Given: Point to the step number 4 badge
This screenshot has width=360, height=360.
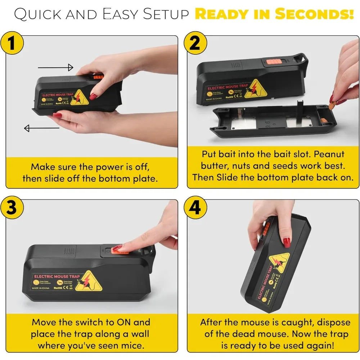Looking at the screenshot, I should [x=195, y=208].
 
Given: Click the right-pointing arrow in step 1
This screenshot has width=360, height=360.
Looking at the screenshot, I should [x=55, y=67].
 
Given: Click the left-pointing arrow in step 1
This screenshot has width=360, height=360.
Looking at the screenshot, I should [x=41, y=128].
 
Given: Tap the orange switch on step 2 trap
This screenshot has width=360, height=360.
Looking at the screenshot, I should [x=272, y=62].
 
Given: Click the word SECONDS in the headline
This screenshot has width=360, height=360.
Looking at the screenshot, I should [x=314, y=14].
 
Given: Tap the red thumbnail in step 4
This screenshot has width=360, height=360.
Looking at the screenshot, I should [x=287, y=242].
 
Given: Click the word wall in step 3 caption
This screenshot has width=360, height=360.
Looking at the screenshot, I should [x=139, y=334].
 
